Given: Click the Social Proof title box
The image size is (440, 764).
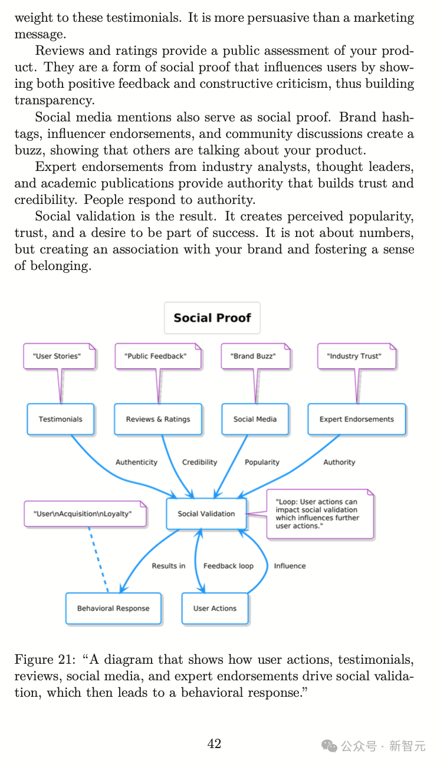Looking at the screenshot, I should tap(212, 318).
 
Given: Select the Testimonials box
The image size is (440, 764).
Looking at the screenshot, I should tap(60, 419).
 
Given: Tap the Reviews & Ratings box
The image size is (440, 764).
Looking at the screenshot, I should tap(158, 419).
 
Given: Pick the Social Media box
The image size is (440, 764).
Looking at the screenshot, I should tap(255, 419).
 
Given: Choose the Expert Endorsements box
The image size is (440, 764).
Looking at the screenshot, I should tap(356, 419).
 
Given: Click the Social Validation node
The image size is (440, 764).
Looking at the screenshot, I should tap(206, 513).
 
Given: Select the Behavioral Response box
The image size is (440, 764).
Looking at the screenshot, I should tap(113, 608).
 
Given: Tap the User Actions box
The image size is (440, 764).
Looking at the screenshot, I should tap(215, 608).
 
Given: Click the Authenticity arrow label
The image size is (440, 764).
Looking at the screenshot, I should tap(136, 462).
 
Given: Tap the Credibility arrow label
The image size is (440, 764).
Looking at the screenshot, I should tap(199, 462).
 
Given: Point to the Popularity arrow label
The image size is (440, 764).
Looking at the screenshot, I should tap(262, 462).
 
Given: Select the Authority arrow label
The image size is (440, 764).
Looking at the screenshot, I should tap(339, 462).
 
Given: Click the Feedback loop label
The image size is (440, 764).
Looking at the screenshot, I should tap(228, 566).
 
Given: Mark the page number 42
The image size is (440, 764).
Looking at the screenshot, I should tap(214, 744).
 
